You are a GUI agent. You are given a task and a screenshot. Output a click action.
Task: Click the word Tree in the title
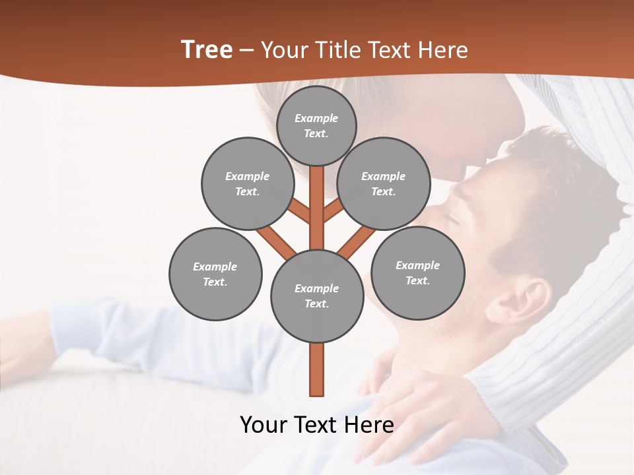pyautogui.click(x=207, y=50)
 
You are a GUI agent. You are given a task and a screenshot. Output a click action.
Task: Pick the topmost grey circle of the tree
pyautogui.click(x=316, y=125)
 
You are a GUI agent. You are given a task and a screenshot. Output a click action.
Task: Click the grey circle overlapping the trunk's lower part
pyautogui.click(x=317, y=296)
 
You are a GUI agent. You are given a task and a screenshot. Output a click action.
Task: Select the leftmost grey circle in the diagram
pyautogui.click(x=215, y=274)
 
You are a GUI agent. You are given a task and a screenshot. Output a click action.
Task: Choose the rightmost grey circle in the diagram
pyautogui.click(x=418, y=272)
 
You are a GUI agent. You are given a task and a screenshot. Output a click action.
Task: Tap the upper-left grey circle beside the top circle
pyautogui.click(x=247, y=183)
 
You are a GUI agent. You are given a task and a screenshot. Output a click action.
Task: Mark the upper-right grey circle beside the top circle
pyautogui.click(x=384, y=183)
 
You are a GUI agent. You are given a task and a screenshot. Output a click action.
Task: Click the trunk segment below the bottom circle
pyautogui.click(x=317, y=369)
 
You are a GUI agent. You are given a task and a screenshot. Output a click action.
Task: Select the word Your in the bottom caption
pyautogui.click(x=263, y=424)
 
